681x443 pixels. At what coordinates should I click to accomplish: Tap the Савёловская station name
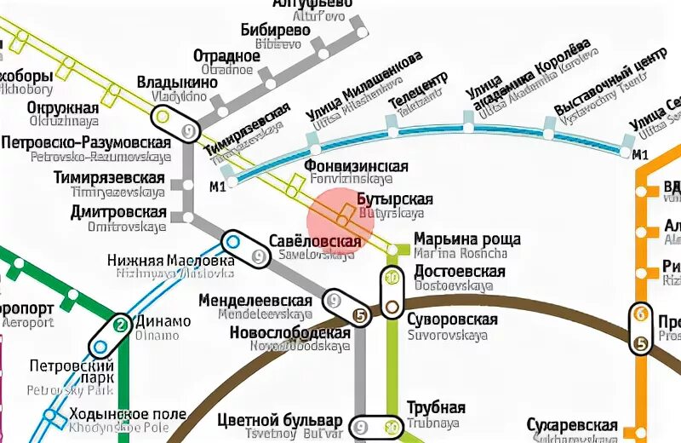pos(315,242)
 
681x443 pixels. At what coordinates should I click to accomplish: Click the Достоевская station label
pos(459,271)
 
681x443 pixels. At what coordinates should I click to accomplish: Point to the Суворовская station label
pos(455,319)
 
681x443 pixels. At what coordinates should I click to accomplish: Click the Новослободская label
pos(289,332)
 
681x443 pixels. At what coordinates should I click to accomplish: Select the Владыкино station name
pos(176,83)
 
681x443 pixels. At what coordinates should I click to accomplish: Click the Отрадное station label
pos(226,56)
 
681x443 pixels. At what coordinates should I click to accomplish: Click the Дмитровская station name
pos(118,211)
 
